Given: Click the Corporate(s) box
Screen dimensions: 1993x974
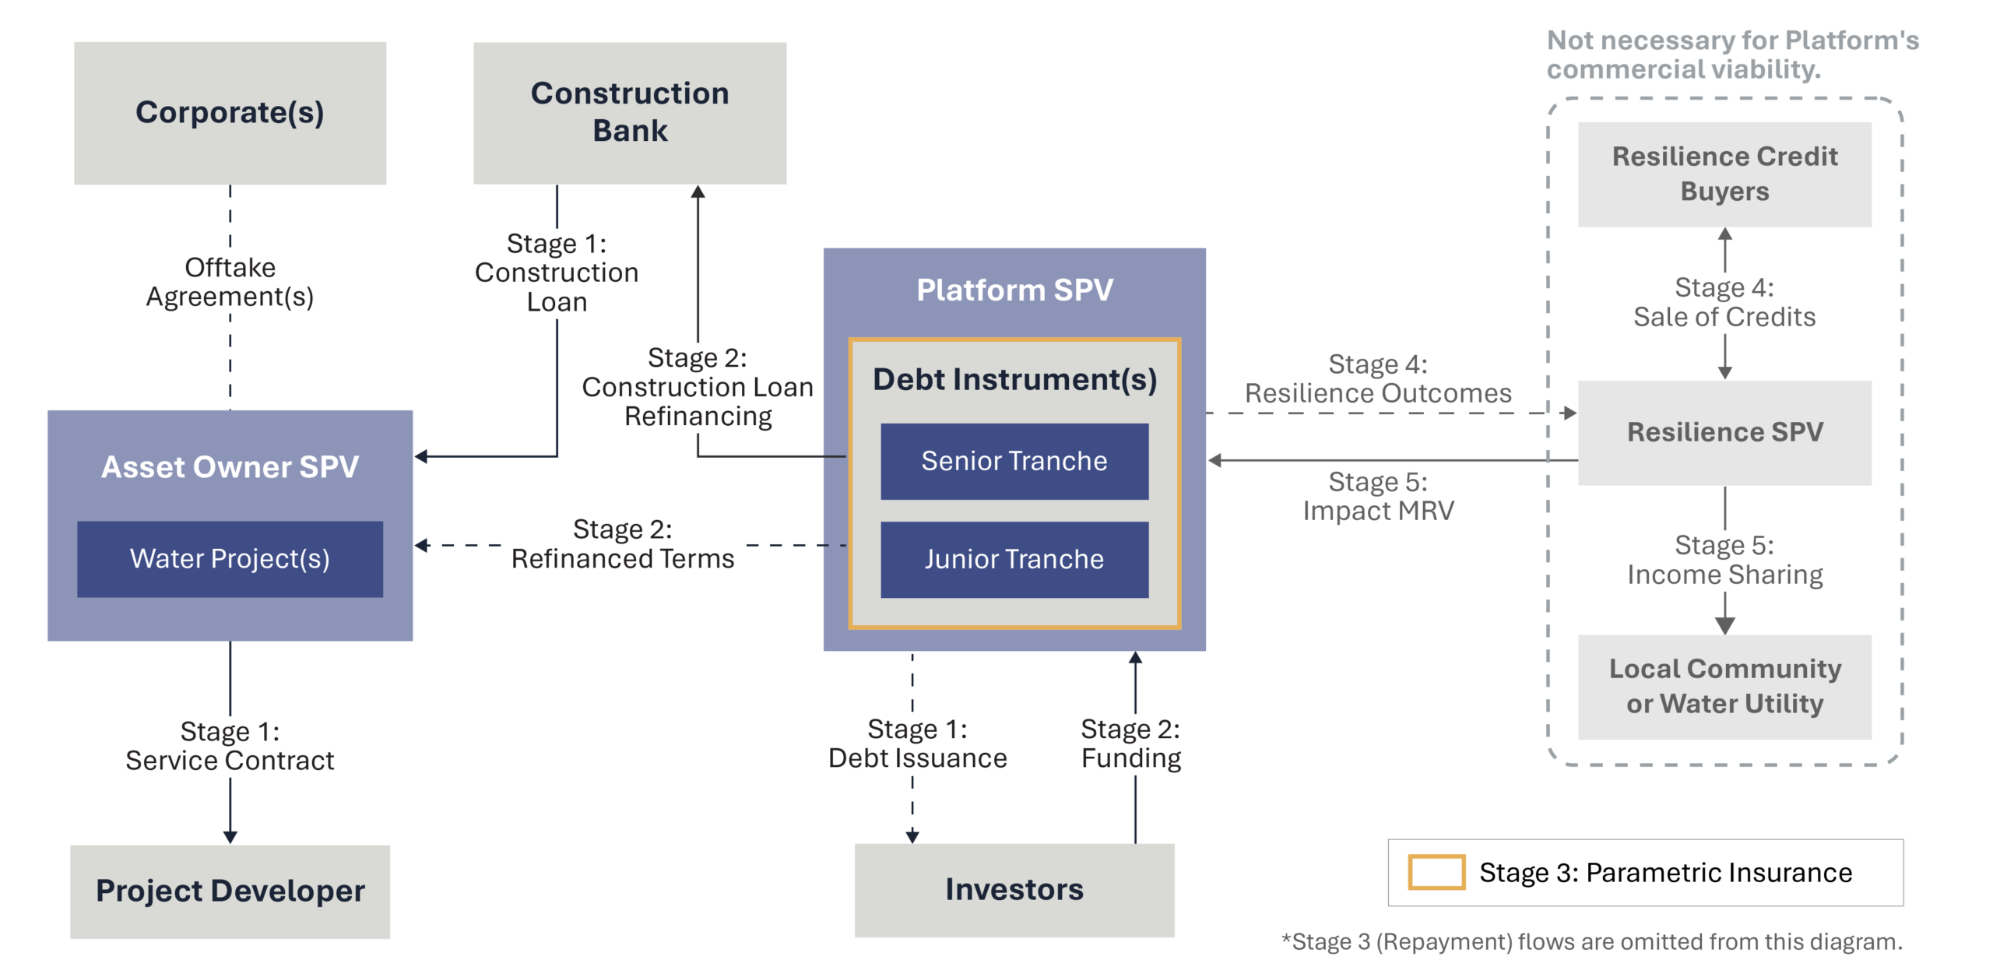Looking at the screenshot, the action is [x=230, y=113].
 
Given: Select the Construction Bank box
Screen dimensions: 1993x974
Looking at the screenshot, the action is [x=630, y=113].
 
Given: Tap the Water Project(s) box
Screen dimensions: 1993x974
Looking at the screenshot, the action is [x=230, y=559].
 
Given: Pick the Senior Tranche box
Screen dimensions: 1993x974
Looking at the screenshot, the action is [x=1014, y=461].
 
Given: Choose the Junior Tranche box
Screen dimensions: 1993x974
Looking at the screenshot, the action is [x=1014, y=559].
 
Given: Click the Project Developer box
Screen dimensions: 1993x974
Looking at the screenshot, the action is [x=230, y=891].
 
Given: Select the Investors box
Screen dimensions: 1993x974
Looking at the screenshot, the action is [x=1014, y=890].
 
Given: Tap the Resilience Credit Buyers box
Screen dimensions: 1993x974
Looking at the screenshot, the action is [x=1724, y=174].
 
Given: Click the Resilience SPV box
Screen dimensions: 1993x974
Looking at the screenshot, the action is [x=1724, y=433].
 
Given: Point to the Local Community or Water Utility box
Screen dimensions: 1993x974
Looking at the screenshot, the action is [x=1724, y=687].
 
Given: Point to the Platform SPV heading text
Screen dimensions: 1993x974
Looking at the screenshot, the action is [x=1014, y=290].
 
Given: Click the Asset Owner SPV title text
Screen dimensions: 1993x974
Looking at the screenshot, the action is [x=230, y=467].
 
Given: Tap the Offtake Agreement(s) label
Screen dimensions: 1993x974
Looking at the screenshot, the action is [x=230, y=282].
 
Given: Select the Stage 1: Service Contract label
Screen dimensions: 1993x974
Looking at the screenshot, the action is [x=230, y=746].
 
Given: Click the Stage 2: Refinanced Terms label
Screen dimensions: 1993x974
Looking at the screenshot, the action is [x=623, y=544].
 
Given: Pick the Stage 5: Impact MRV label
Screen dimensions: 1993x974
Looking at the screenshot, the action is [x=1378, y=496].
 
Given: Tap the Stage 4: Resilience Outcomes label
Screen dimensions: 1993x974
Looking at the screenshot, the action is [x=1378, y=378].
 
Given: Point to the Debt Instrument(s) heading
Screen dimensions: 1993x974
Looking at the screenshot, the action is [x=1014, y=379].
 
